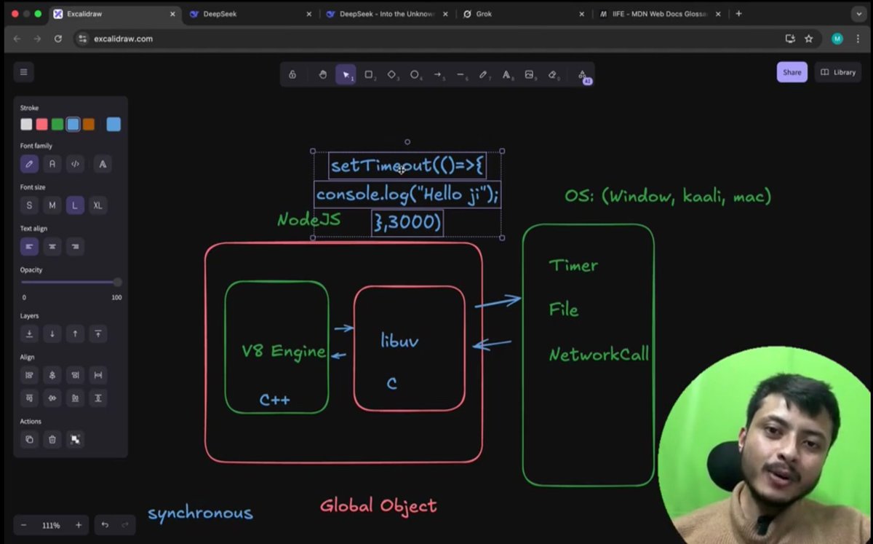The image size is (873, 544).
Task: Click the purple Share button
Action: (x=792, y=72)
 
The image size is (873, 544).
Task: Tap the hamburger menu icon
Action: (x=23, y=72)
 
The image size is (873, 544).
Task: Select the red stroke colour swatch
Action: (x=42, y=125)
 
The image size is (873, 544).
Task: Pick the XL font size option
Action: (x=97, y=205)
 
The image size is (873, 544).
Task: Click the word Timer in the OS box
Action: (x=573, y=266)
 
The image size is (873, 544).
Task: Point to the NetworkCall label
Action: (x=599, y=355)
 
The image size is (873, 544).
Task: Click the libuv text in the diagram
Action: (x=399, y=340)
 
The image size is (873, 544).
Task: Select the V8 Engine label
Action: (x=283, y=351)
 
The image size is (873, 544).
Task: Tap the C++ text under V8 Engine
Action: (x=274, y=400)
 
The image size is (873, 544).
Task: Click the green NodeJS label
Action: (x=308, y=219)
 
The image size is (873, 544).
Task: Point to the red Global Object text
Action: (x=378, y=505)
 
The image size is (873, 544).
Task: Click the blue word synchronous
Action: (x=200, y=513)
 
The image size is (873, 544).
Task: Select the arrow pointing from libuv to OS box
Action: (x=498, y=301)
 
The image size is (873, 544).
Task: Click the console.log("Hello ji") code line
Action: (x=407, y=195)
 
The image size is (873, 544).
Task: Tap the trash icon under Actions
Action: (x=52, y=439)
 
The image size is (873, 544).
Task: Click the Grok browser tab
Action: (x=484, y=14)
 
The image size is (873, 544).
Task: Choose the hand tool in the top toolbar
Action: (x=322, y=74)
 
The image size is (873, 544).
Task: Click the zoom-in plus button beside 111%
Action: (x=79, y=525)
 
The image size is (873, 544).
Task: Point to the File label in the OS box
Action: (x=564, y=310)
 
